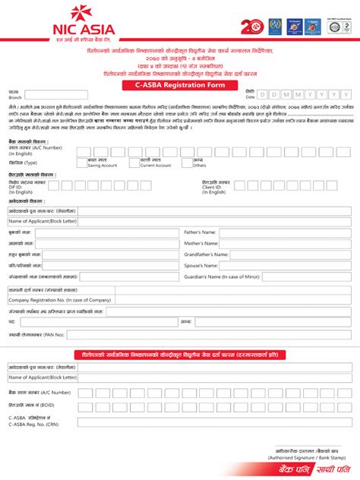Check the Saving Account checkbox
[81, 163]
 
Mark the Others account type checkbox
[188, 163]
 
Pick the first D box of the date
[264, 95]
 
